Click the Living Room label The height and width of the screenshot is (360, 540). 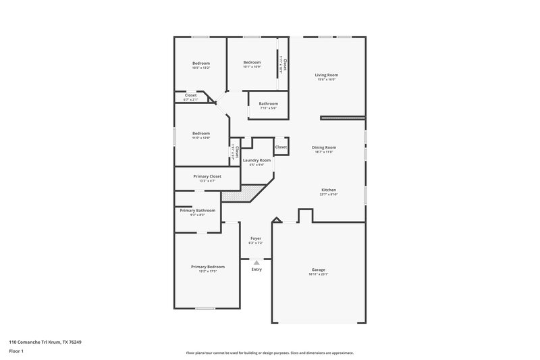[x=327, y=75]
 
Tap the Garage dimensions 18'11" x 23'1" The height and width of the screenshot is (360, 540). [x=319, y=274]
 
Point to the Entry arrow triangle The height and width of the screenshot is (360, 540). [x=256, y=262]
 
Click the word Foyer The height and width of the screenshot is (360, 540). [x=256, y=238]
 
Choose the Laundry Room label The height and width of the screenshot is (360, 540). [x=256, y=160]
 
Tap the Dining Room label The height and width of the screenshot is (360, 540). [x=324, y=147]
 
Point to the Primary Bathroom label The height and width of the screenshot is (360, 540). [x=197, y=210]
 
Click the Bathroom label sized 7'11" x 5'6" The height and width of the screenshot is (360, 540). [x=268, y=103]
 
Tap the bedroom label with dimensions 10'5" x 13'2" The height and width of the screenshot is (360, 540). [x=201, y=63]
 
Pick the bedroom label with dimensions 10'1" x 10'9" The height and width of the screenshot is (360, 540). [x=252, y=63]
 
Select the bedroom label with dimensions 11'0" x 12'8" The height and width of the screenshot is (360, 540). [x=201, y=133]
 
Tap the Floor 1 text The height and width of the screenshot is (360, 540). [x=16, y=351]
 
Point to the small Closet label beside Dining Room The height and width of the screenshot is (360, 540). [x=281, y=147]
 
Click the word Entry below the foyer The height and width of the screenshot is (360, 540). [x=256, y=269]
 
